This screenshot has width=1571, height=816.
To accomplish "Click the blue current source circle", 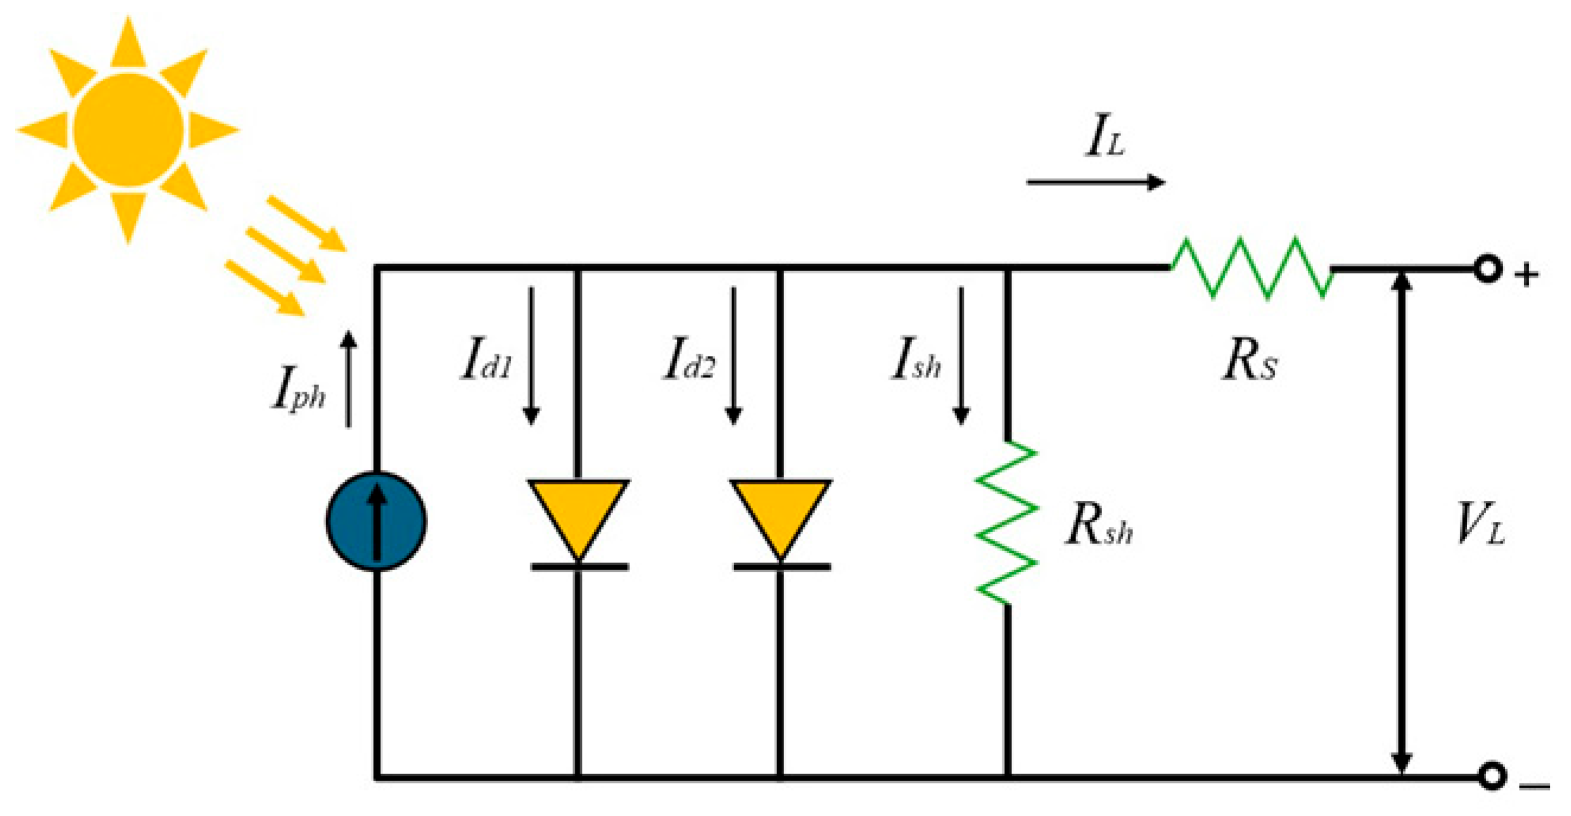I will (x=376, y=521).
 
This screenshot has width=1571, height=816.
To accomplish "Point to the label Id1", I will (x=486, y=360).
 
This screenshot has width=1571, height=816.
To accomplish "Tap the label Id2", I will (x=689, y=360).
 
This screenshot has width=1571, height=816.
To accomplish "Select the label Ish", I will (x=916, y=360).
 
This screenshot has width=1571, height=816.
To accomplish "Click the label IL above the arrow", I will (x=1104, y=136).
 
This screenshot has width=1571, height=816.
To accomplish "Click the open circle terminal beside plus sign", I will (x=1487, y=269).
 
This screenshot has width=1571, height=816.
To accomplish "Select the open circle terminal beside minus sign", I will (x=1492, y=776).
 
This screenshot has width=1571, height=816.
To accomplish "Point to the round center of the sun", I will (x=128, y=130).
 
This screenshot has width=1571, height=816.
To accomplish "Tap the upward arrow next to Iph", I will (x=348, y=379).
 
